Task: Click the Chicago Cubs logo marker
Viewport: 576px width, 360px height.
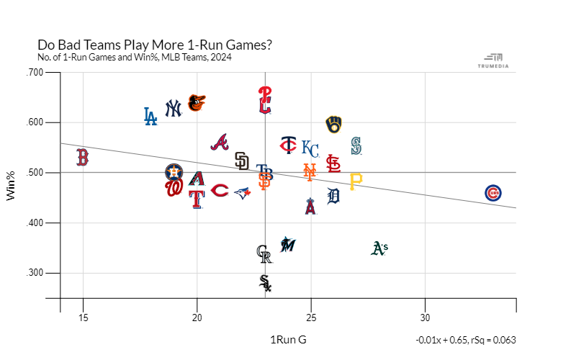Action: (x=493, y=193)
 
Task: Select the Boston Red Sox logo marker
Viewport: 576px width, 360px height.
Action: (x=83, y=157)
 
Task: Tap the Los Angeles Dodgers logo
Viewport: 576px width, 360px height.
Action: (x=150, y=116)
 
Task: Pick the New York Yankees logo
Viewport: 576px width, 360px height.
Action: (x=174, y=108)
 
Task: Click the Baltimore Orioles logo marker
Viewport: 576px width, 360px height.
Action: (x=196, y=103)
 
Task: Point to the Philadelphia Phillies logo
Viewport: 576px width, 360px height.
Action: (x=265, y=100)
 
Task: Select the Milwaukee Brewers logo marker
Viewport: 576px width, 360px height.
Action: (x=333, y=125)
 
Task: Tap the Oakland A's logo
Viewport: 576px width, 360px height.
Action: (x=379, y=248)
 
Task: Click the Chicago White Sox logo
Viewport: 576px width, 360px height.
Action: (x=265, y=283)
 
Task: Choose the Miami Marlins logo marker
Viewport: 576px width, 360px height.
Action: (x=287, y=244)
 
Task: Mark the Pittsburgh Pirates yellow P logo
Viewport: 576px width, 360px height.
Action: (x=356, y=181)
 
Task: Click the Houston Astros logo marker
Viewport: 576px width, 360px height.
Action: (x=174, y=172)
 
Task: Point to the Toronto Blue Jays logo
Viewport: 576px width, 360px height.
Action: (x=243, y=192)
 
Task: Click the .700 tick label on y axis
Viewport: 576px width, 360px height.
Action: (x=35, y=72)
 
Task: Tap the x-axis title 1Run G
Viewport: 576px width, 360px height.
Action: (x=288, y=340)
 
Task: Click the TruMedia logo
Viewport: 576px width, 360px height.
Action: (x=493, y=60)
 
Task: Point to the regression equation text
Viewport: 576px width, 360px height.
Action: (x=465, y=341)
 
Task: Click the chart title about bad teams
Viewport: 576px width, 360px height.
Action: (x=155, y=45)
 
